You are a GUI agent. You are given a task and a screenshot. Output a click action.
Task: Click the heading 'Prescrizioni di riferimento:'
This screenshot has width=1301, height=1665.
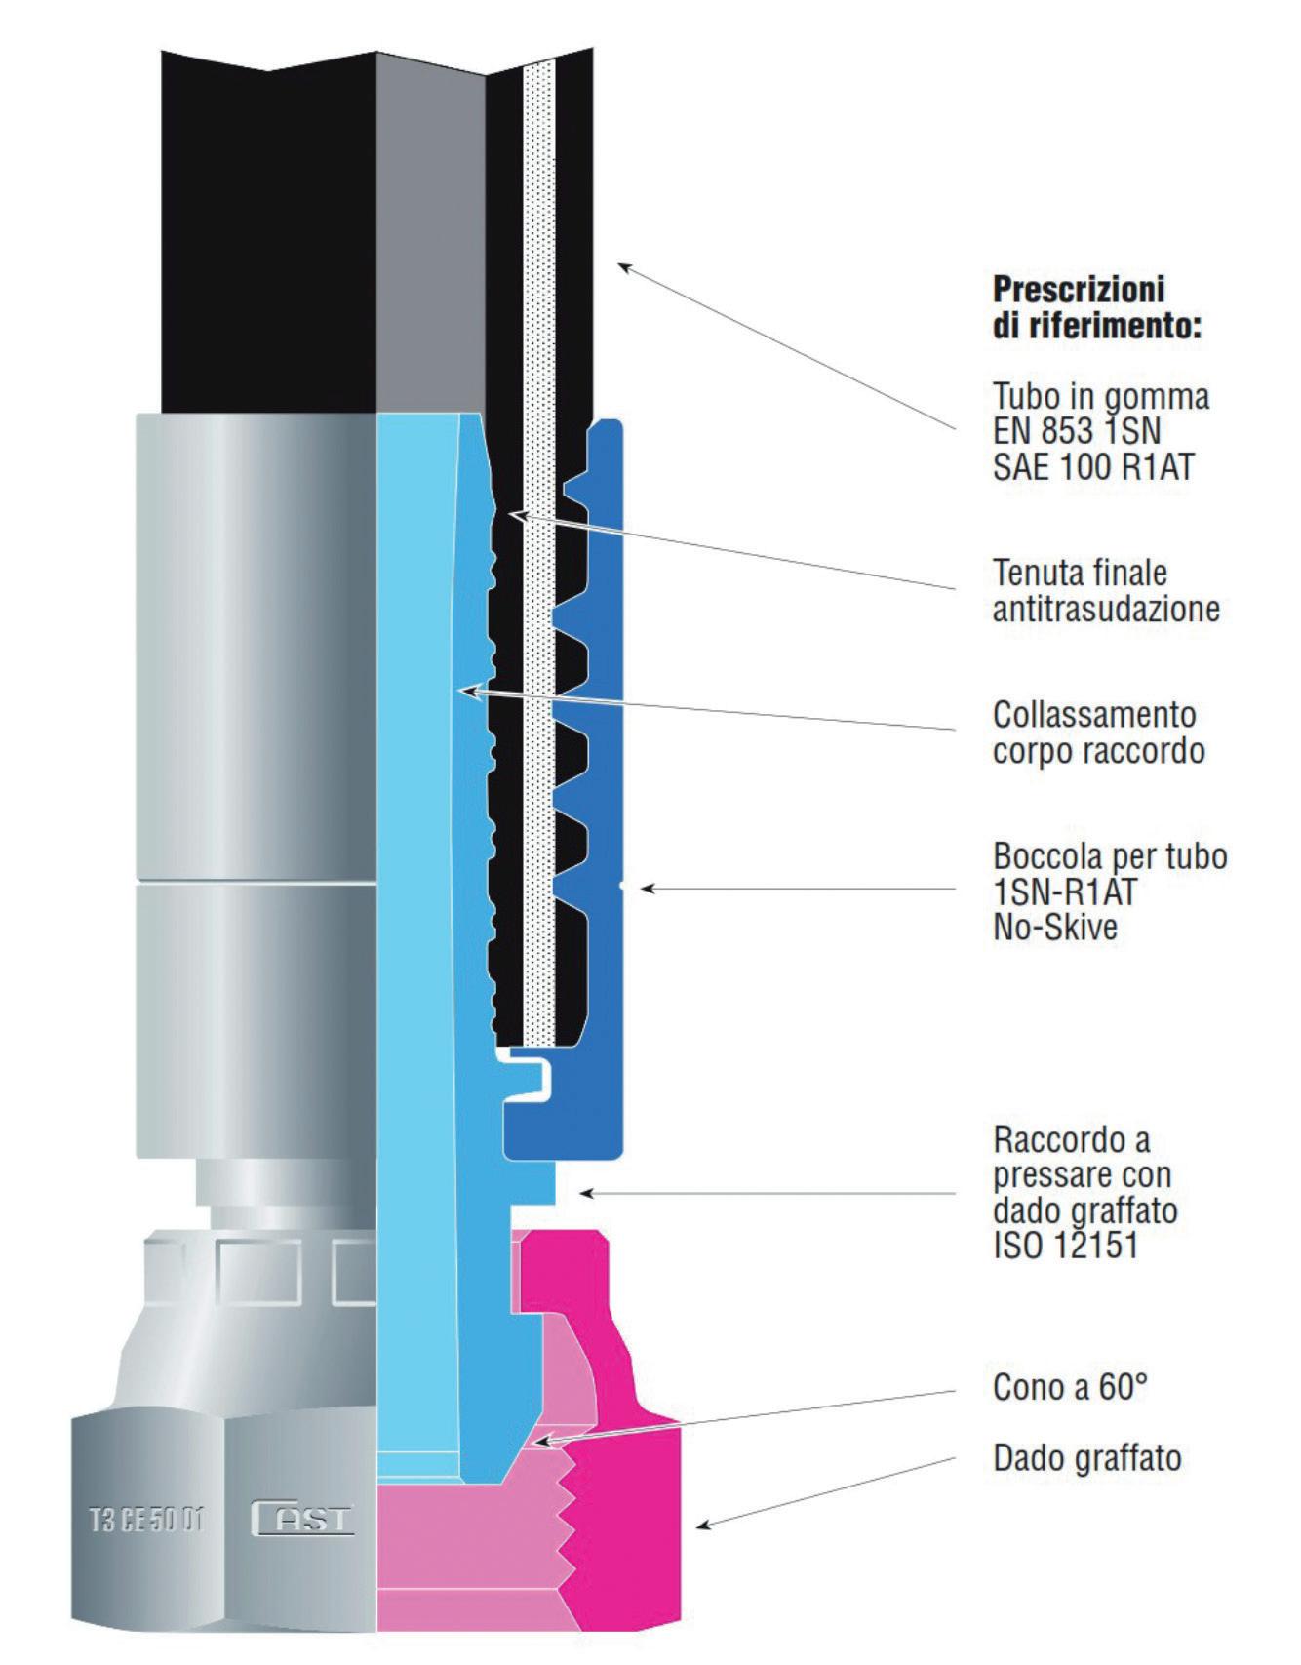(1096, 306)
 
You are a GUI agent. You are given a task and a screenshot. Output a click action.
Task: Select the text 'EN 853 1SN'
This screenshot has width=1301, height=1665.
(1077, 431)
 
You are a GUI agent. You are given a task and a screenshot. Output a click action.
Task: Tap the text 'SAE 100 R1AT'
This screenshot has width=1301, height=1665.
(1093, 466)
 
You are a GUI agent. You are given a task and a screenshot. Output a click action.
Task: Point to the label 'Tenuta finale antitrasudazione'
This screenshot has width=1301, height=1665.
(1106, 590)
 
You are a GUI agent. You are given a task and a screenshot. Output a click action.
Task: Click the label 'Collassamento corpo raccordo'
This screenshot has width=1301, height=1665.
(1098, 733)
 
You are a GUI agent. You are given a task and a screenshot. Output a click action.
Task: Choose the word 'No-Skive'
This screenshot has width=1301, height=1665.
(1055, 927)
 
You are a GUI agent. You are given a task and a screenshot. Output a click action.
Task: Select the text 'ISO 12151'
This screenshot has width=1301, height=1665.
(1065, 1246)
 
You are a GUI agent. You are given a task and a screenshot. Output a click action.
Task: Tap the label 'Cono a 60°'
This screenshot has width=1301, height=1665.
(1070, 1386)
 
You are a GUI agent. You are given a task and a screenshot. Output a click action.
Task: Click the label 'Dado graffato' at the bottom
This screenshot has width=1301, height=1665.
(1086, 1458)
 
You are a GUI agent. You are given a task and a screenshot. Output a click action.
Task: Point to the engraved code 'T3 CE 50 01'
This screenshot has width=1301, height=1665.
(147, 1520)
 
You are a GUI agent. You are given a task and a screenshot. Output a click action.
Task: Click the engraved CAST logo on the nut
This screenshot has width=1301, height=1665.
(302, 1519)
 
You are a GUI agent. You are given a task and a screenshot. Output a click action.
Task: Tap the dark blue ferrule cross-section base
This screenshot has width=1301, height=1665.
(566, 1131)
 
